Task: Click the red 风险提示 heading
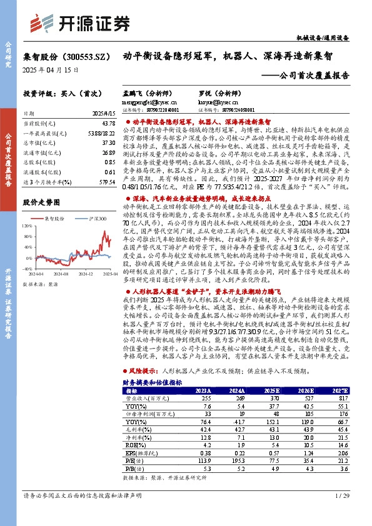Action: click(145, 370)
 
